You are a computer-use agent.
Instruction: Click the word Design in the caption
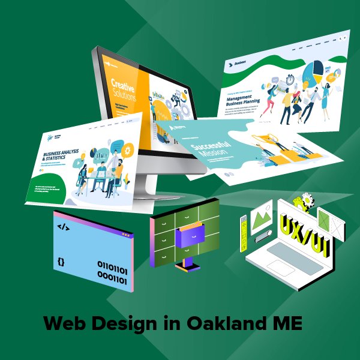click(x=127, y=324)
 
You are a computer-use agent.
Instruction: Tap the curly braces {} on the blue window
click(x=61, y=262)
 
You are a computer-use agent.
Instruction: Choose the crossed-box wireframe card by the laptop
click(x=331, y=223)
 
